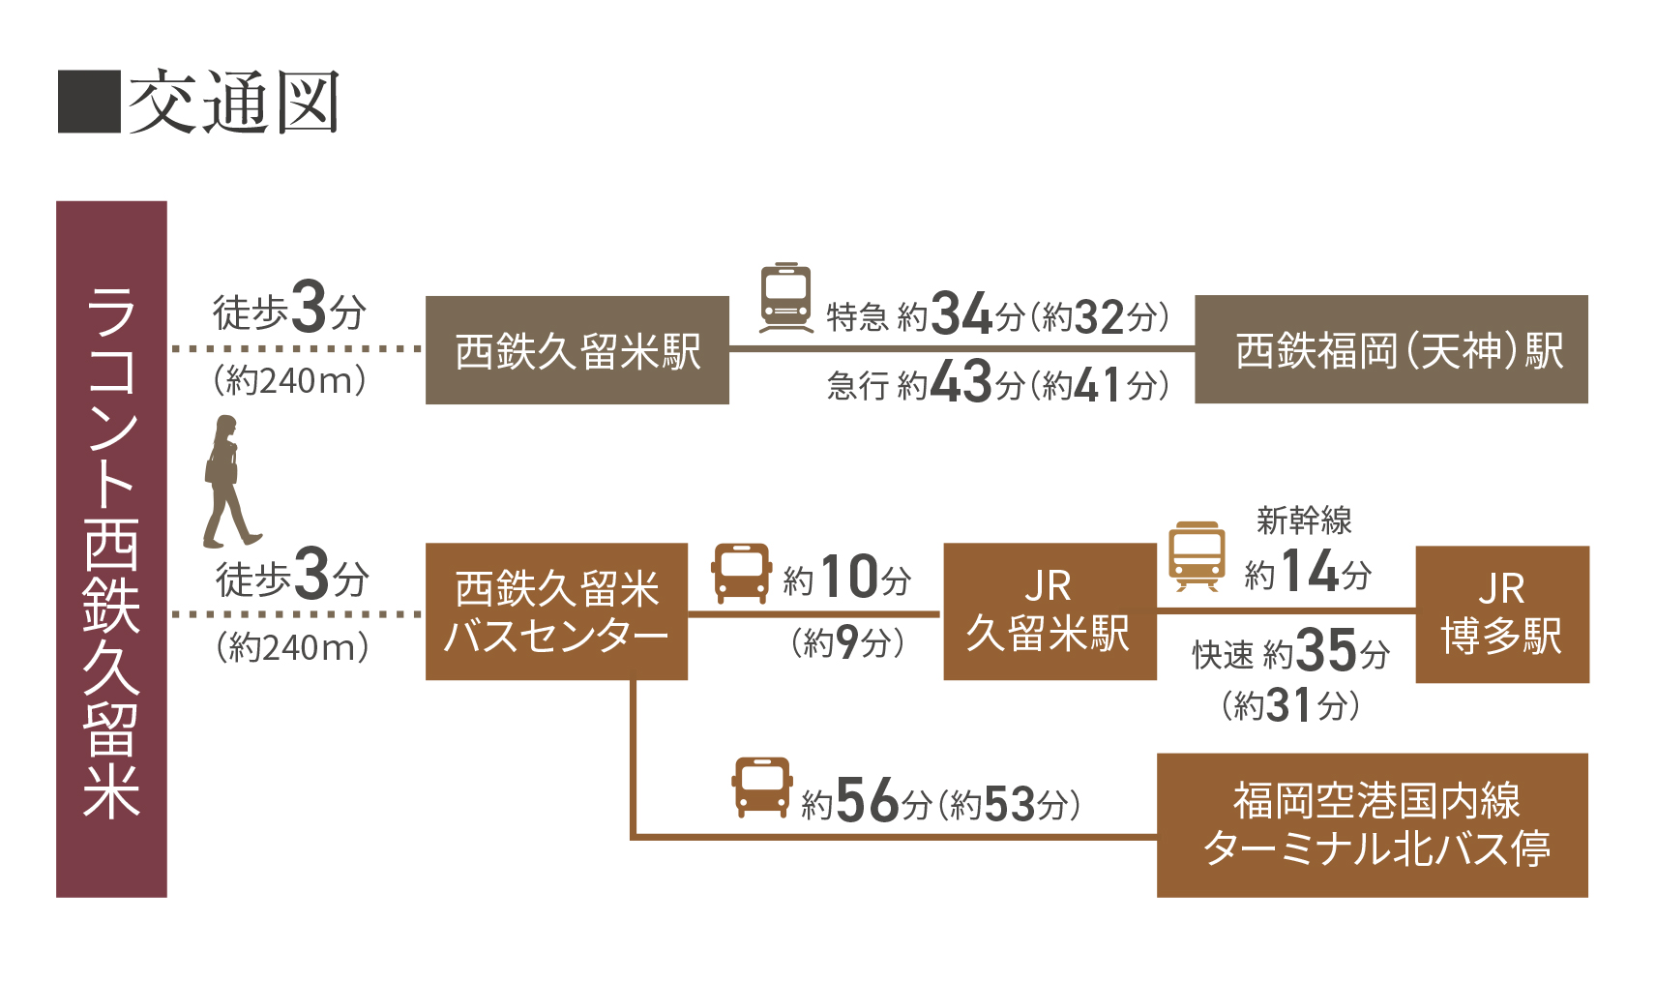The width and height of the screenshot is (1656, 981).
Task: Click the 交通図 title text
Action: tap(234, 102)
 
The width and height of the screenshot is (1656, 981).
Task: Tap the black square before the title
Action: tap(89, 102)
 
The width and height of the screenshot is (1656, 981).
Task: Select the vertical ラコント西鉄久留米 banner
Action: tap(111, 549)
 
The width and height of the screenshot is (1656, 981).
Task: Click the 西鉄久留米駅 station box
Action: tap(577, 350)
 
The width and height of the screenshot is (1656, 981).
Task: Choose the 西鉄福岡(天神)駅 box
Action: tap(1391, 349)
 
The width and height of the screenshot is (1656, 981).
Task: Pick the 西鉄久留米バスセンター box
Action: tap(556, 611)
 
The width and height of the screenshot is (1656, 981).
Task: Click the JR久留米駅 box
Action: tap(1050, 611)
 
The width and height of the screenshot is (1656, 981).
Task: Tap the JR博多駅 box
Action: tap(1501, 614)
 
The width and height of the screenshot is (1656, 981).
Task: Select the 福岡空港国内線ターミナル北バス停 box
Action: tap(1372, 825)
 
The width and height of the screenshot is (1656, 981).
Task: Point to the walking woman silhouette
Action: tap(228, 481)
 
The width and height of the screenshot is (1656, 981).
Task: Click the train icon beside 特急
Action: tap(785, 297)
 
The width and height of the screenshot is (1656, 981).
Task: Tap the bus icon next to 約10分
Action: tap(741, 573)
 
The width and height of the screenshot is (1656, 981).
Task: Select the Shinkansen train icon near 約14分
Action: tap(1197, 556)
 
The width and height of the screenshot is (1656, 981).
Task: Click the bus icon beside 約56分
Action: tap(761, 788)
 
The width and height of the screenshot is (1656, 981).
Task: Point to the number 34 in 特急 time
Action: tap(961, 314)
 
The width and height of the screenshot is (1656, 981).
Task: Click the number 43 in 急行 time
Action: tap(961, 382)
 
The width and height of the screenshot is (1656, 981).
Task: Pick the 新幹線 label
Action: tap(1304, 520)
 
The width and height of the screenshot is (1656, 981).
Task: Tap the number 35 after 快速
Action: tap(1326, 650)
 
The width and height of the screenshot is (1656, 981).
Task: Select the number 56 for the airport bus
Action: tap(868, 801)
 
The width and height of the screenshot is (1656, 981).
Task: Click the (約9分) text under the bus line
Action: tap(847, 641)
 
